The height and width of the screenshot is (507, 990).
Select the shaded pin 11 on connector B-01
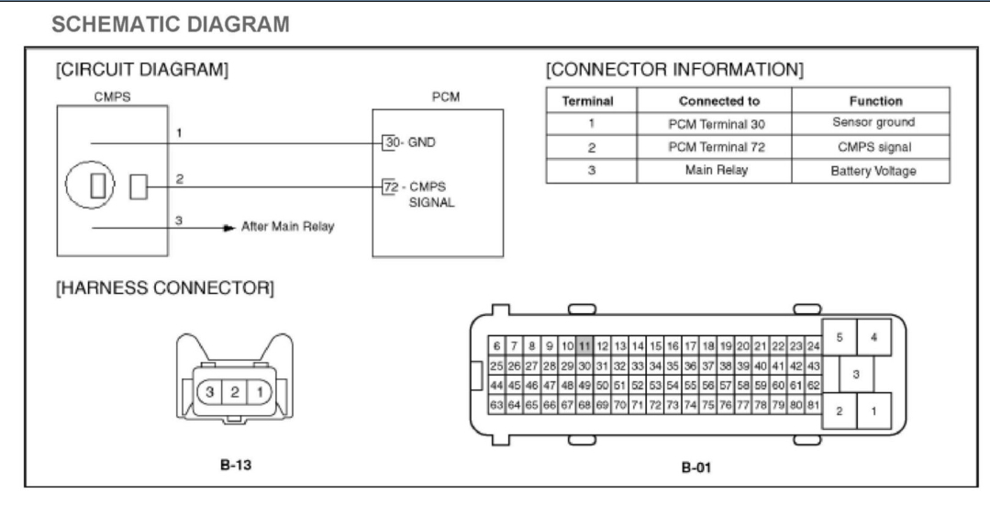584,345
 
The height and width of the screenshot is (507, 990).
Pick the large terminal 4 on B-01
873,338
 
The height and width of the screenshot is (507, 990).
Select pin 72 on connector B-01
654,404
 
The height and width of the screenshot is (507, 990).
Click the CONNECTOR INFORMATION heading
674,71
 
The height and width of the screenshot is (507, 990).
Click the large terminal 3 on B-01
855,374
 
